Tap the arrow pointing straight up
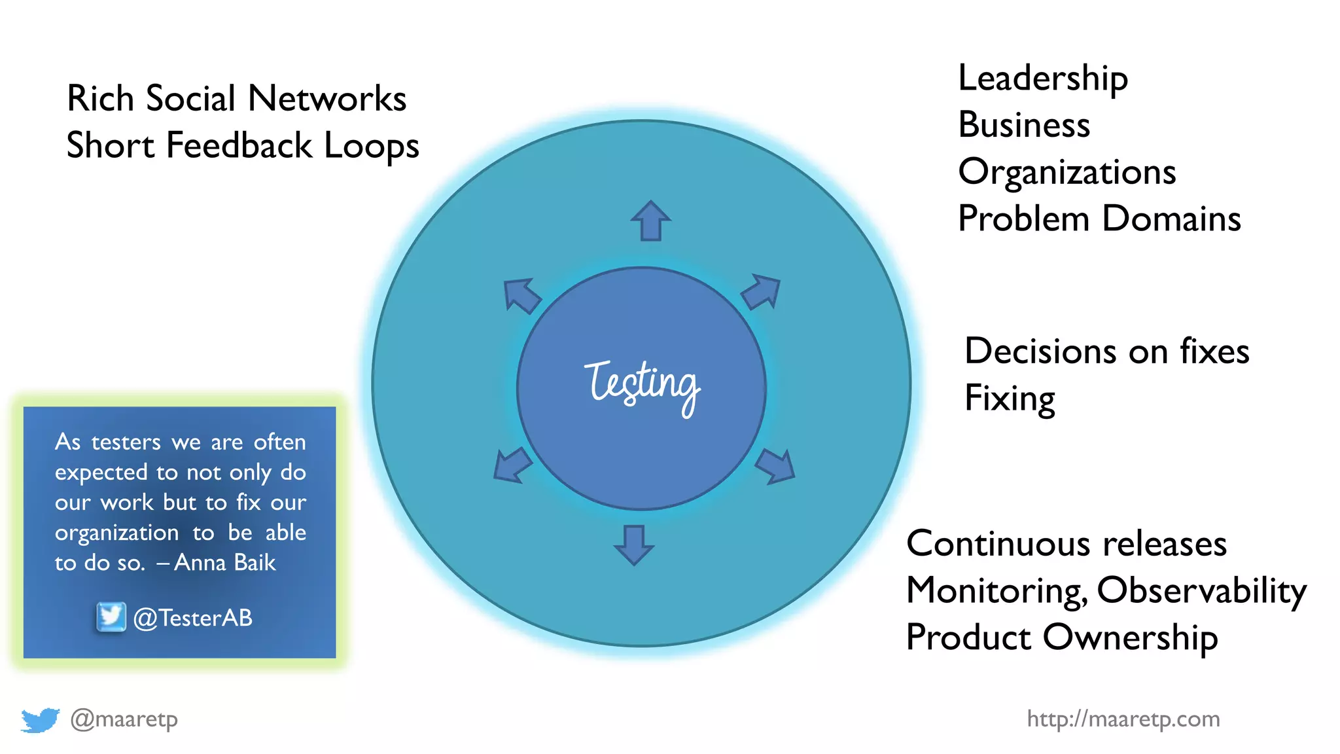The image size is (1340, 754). (x=650, y=221)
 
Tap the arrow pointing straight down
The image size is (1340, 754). (x=633, y=545)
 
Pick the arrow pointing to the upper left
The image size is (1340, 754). (x=521, y=295)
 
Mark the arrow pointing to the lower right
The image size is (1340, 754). (x=776, y=466)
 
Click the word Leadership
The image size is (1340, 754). (x=1043, y=79)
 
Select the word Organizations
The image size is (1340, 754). (x=1067, y=172)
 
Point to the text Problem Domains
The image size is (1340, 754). (x=1099, y=219)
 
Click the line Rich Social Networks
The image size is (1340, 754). (x=236, y=99)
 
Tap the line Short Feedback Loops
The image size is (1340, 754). (x=243, y=145)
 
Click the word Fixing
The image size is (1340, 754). (x=1010, y=398)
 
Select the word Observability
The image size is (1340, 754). (x=1201, y=590)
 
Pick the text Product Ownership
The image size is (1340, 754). (x=1062, y=637)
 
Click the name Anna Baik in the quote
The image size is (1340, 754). (x=224, y=563)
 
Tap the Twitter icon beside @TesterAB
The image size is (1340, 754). (x=111, y=617)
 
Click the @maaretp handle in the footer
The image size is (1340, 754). (x=124, y=719)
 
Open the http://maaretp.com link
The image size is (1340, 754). (x=1123, y=719)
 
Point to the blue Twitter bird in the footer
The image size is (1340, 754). (x=40, y=720)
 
